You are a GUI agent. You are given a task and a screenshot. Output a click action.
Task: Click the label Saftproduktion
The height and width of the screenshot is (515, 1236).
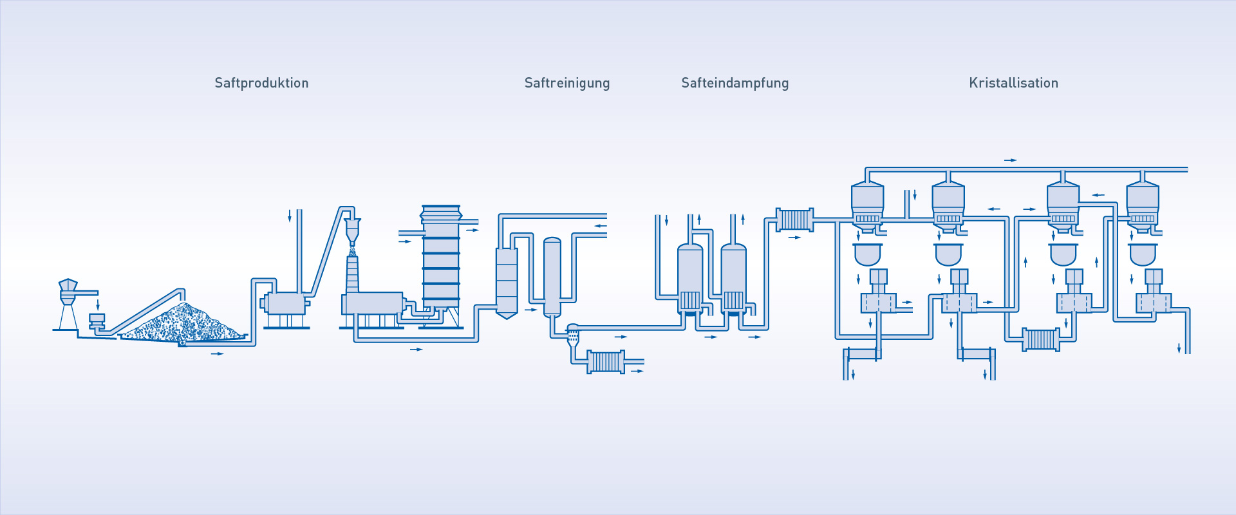pyautogui.click(x=261, y=83)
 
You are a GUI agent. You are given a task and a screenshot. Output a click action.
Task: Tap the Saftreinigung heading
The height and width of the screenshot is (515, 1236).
pyautogui.click(x=567, y=83)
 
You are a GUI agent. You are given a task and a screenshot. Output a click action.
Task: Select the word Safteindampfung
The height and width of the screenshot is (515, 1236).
pyautogui.click(x=735, y=83)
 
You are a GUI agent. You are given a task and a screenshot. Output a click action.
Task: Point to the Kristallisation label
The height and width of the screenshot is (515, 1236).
pyautogui.click(x=1014, y=83)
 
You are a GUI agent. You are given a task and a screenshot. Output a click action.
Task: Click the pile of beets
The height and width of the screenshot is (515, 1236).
pyautogui.click(x=183, y=322)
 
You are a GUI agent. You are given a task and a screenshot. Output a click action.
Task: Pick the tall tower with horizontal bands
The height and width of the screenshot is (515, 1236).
pyautogui.click(x=441, y=257)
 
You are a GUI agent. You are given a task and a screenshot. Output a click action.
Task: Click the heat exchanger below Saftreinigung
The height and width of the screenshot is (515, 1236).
pyautogui.click(x=605, y=362)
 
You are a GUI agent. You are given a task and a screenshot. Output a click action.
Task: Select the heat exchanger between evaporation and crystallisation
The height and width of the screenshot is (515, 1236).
pyautogui.click(x=795, y=220)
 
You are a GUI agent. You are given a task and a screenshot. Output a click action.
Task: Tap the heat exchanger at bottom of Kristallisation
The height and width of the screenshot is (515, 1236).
pyautogui.click(x=1041, y=340)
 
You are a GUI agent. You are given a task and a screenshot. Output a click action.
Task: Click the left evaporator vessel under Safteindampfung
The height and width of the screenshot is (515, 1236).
pyautogui.click(x=690, y=279)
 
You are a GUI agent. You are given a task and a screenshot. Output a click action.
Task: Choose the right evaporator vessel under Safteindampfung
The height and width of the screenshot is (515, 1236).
pyautogui.click(x=733, y=279)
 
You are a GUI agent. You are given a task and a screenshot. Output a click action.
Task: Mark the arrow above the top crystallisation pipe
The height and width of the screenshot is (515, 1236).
pyautogui.click(x=1011, y=160)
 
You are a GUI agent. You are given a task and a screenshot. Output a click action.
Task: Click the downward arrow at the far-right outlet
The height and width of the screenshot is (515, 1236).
pyautogui.click(x=1179, y=348)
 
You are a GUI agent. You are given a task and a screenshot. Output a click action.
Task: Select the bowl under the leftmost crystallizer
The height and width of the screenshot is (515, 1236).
pyautogui.click(x=868, y=255)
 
